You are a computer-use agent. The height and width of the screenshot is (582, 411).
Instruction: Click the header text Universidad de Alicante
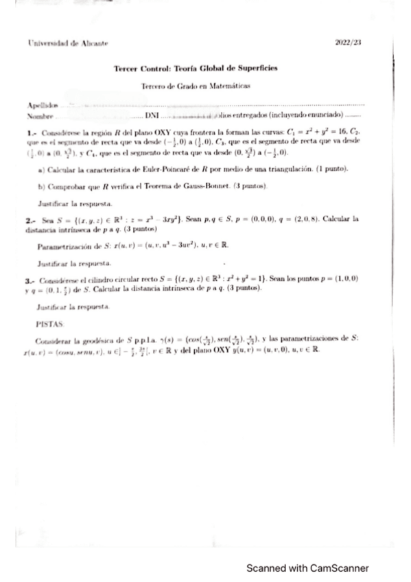click(x=60, y=43)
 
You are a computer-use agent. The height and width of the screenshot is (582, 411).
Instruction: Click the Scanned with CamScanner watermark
click(x=308, y=568)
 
